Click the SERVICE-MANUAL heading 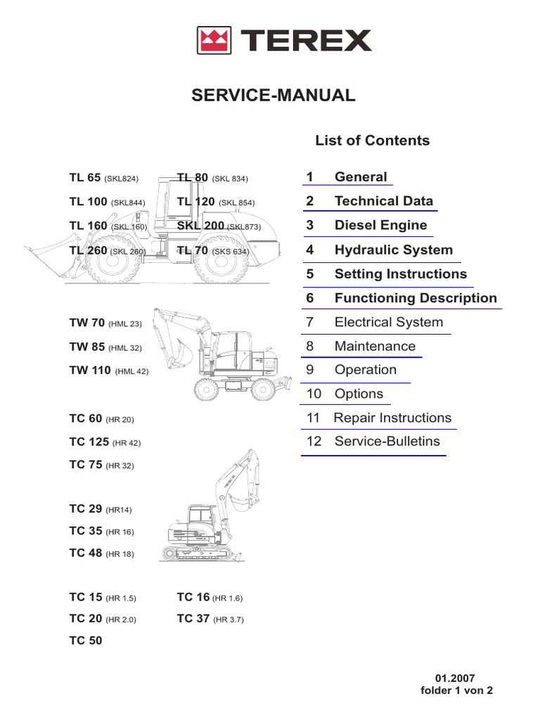point(274,96)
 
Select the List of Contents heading point(372,141)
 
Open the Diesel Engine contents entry point(380,225)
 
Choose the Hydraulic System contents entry point(393,250)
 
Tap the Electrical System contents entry point(388,323)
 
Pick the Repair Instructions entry point(392,418)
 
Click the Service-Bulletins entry point(387,442)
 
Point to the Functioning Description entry point(416,298)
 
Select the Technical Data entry point(384,201)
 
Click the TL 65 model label point(85,178)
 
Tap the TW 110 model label point(90,371)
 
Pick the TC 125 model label point(89,442)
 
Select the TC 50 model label point(86,641)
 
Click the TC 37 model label point(193,619)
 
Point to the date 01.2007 point(456,679)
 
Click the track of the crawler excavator point(193,551)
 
